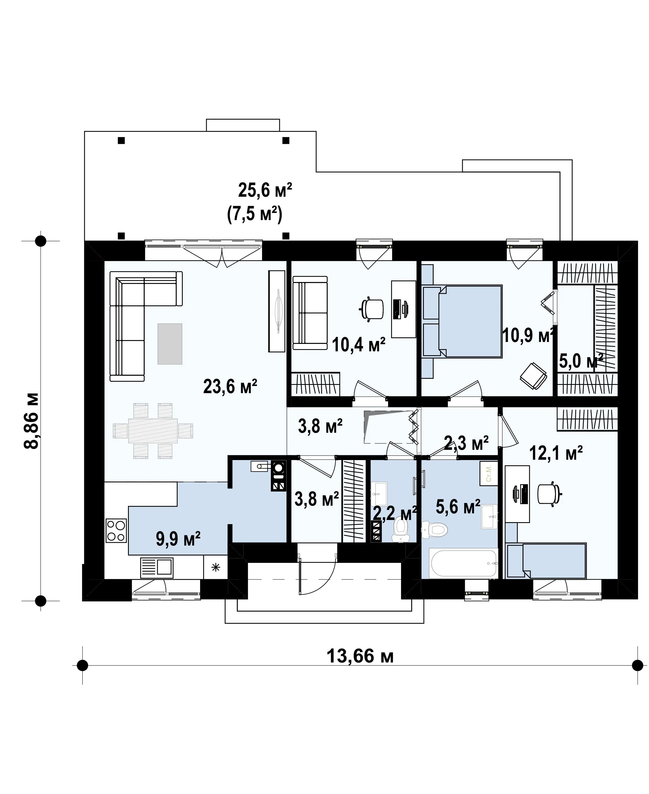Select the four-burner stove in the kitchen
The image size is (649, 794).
pyautogui.click(x=116, y=531)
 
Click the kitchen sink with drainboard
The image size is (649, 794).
pyautogui.click(x=157, y=568)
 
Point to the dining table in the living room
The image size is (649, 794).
pyautogui.click(x=153, y=431)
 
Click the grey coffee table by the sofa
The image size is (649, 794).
pyautogui.click(x=170, y=344)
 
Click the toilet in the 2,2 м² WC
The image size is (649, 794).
pyautogui.click(x=400, y=529)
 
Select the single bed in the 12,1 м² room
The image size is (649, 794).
pyautogui.click(x=546, y=560)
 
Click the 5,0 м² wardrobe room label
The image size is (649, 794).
pyautogui.click(x=581, y=361)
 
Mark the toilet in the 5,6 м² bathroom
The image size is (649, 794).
pyautogui.click(x=434, y=529)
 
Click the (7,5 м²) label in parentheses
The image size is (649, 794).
pyautogui.click(x=255, y=215)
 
